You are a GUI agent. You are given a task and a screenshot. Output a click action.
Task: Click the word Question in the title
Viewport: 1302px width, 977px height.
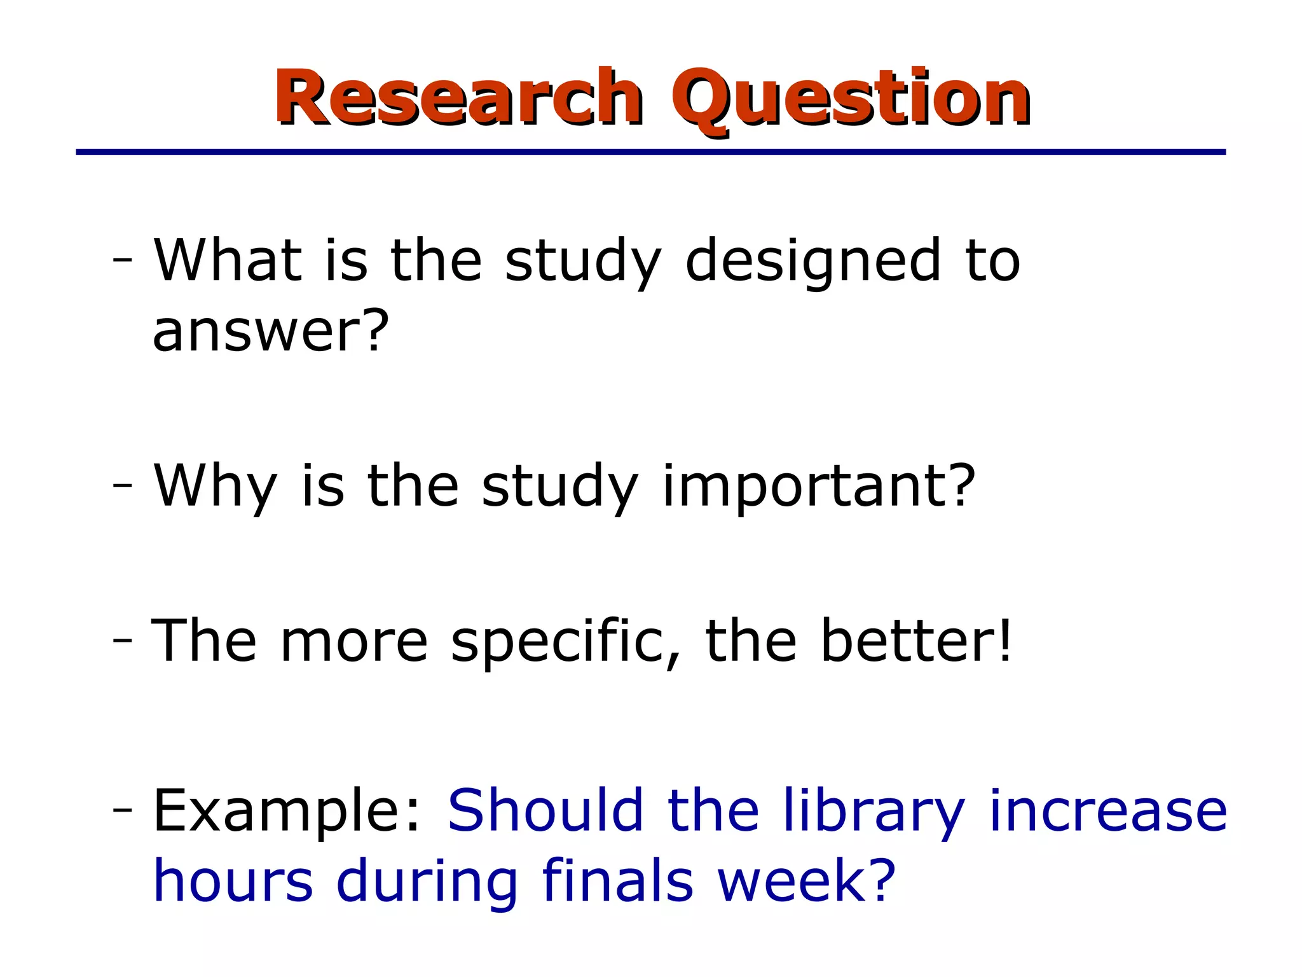(850, 99)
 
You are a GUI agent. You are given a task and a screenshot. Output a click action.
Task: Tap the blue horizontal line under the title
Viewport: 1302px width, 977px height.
(650, 152)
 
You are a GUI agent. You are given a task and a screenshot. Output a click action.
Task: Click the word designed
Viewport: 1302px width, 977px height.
(813, 262)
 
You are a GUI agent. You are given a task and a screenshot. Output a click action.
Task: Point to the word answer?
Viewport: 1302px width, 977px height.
(270, 331)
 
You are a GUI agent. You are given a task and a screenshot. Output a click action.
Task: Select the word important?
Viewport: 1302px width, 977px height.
(819, 487)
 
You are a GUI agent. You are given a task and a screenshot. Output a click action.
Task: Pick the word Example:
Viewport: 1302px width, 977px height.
(287, 812)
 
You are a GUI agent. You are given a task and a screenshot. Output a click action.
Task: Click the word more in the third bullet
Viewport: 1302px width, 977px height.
(354, 642)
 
